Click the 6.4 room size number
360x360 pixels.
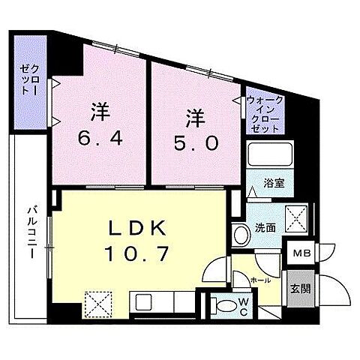[103, 139]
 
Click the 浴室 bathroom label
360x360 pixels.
[271, 183]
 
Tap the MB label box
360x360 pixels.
[301, 254]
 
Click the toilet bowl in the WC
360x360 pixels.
[223, 304]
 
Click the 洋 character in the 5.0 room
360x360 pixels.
[196, 118]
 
